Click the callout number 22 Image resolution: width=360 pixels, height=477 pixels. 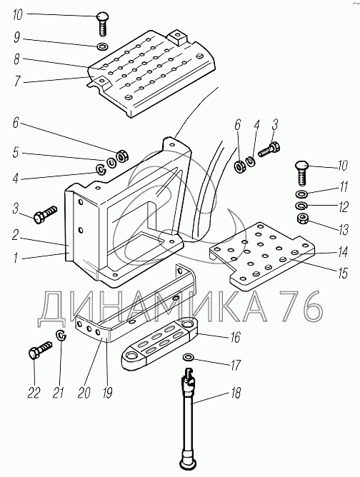pos(34,393)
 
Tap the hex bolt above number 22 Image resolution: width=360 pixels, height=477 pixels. pos(40,350)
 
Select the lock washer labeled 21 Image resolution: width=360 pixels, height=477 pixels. pos(61,335)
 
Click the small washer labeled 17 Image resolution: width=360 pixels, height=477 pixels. pos(188,356)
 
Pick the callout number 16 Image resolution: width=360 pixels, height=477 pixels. pos(236,337)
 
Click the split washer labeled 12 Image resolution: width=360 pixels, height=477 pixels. pos(301,206)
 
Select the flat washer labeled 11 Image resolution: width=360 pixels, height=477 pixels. pos(301,194)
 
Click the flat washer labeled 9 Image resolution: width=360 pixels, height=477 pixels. pos(102,47)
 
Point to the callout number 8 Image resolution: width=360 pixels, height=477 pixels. pos(16,59)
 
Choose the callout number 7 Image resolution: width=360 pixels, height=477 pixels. pos(17,81)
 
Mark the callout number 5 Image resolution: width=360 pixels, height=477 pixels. pos(16,152)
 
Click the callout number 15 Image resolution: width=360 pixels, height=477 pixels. pos(343,273)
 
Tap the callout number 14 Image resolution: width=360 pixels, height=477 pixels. pos(343,252)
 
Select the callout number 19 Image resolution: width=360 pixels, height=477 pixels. pos(107,393)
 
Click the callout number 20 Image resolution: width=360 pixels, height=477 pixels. pos(84,393)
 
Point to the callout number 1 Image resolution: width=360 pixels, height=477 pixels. pos(16,258)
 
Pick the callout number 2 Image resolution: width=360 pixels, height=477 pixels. pos(16,235)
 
